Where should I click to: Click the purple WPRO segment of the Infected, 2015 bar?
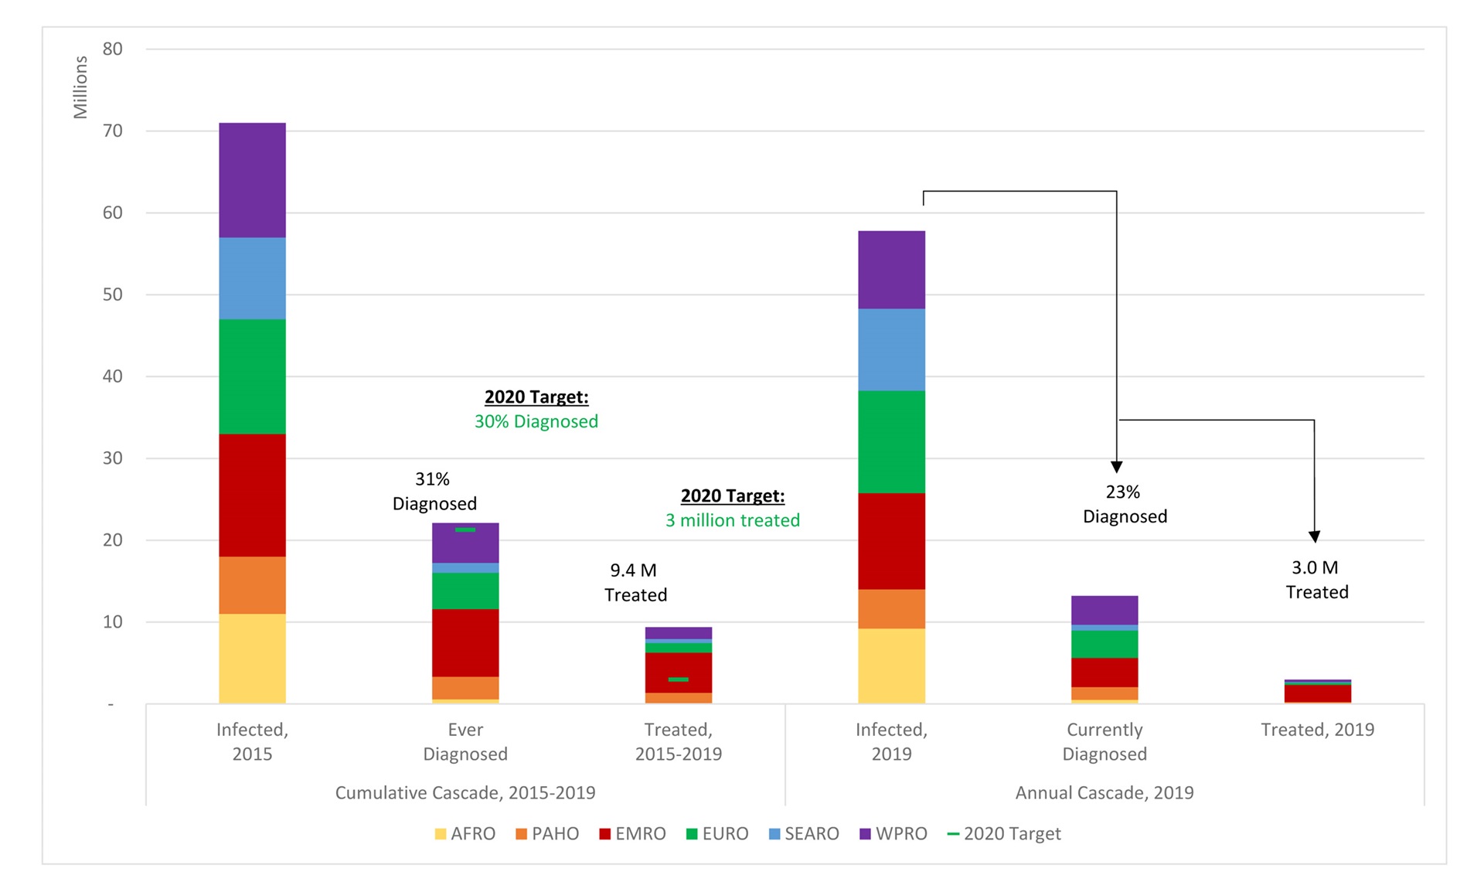coord(252,180)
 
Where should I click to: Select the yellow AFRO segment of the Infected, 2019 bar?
coord(891,666)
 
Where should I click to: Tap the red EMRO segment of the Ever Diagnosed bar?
coord(465,642)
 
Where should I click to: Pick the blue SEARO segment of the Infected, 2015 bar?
coord(252,278)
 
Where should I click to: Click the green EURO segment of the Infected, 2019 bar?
coord(891,441)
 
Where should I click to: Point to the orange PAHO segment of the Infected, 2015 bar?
coord(252,585)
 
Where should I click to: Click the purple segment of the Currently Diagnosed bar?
coord(1104,610)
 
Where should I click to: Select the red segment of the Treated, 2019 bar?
coord(1317,693)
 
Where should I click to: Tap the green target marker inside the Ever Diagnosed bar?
coord(465,529)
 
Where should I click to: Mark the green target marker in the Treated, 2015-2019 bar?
coord(678,679)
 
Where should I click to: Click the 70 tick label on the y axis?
coord(113,131)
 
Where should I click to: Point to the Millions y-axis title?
coord(80,87)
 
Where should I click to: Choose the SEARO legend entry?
coord(804,834)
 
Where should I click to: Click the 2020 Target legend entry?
coord(1004,834)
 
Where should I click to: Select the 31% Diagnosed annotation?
coord(434,492)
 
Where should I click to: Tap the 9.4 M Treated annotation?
coord(635,583)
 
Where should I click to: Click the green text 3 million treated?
coord(732,520)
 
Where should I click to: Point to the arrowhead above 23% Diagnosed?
coord(1116,467)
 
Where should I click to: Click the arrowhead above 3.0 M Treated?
coord(1314,536)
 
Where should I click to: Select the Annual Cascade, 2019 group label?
coord(1104,792)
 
